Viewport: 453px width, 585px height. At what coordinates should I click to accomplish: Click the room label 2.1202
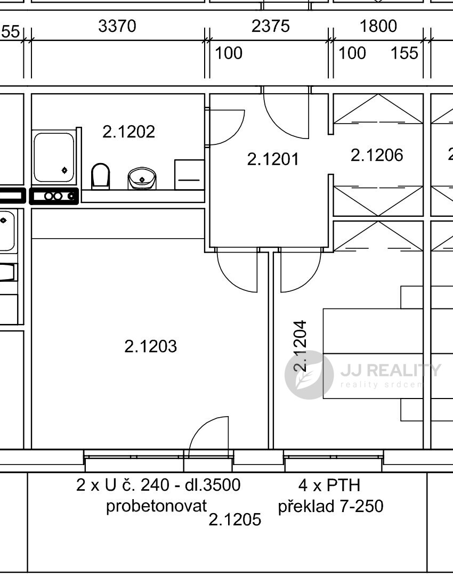129,132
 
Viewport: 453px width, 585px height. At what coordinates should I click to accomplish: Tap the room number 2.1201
273,159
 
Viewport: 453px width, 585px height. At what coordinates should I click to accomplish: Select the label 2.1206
377,155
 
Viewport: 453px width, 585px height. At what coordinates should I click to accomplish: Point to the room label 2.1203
151,346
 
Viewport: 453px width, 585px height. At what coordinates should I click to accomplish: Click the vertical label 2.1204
301,346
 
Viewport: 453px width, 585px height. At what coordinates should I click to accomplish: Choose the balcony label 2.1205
234,519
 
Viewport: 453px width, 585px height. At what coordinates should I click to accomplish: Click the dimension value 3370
117,26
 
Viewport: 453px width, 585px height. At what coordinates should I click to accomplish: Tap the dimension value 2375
271,26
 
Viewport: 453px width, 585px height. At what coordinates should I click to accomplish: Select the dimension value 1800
378,26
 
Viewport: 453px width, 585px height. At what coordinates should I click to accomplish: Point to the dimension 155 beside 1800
404,53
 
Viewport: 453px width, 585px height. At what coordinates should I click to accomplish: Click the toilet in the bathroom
100,176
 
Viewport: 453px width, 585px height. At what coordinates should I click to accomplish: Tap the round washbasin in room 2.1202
142,178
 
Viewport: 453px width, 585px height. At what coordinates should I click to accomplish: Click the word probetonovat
156,506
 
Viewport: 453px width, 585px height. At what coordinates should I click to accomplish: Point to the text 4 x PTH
329,485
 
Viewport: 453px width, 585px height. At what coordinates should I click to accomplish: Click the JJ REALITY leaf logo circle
309,375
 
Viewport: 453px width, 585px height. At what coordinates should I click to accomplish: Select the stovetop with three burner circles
54,196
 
